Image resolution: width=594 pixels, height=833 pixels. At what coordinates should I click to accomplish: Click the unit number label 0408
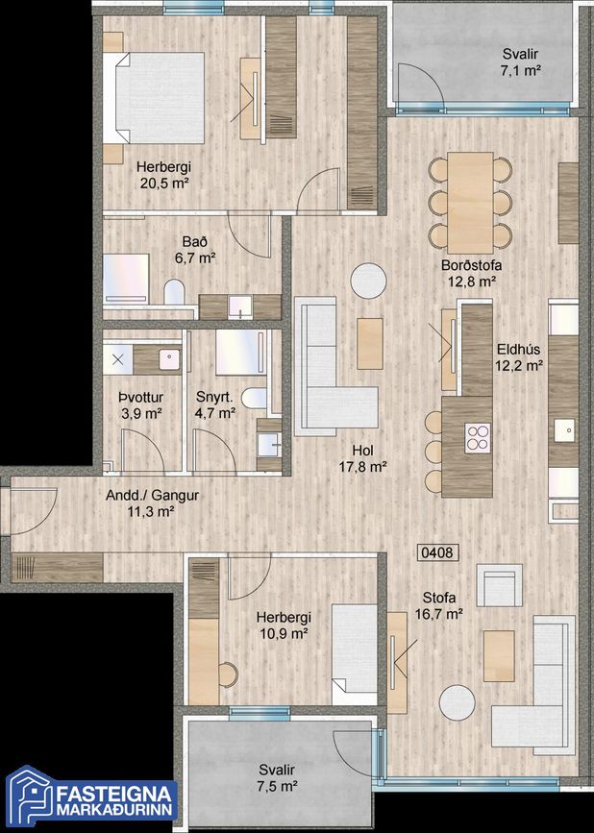436,552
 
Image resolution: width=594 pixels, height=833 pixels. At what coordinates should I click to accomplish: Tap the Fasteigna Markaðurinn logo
90,798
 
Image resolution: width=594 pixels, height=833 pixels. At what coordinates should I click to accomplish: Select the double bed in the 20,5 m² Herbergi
154,98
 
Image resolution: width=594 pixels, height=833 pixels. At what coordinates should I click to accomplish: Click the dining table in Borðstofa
470,203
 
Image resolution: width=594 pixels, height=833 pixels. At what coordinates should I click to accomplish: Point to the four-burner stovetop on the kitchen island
477,438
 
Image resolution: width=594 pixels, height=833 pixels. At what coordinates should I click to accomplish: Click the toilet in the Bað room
174,293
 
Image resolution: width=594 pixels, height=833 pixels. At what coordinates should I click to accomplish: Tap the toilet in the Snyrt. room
254,398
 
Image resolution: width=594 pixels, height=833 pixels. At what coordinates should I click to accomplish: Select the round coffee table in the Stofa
458,702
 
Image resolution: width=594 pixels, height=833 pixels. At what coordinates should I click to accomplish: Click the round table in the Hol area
368,281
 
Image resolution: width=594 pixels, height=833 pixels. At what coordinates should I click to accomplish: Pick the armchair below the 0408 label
500,585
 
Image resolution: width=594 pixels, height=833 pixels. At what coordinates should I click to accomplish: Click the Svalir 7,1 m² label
521,62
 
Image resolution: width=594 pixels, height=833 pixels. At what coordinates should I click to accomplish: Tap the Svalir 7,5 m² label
277,778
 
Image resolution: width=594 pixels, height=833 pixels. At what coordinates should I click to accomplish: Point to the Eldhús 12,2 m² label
519,357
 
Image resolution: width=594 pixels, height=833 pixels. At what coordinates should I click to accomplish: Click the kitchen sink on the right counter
563,430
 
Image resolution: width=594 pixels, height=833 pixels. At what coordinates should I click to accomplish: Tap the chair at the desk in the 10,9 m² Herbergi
229,674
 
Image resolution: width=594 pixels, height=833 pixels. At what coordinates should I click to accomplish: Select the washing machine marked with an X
117,359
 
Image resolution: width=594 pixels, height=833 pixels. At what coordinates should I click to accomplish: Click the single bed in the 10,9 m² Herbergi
355,654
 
